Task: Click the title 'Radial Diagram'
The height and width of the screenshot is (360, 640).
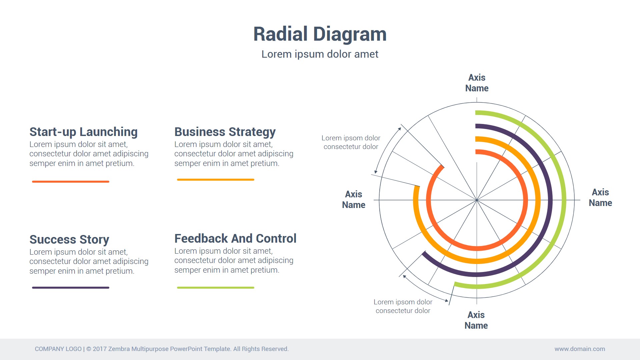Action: pos(320,34)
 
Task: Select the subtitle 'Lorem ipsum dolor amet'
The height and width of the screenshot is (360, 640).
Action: pos(320,54)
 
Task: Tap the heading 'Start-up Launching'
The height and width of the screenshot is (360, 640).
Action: pos(83,132)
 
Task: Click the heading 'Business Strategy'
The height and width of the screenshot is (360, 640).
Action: pos(225,132)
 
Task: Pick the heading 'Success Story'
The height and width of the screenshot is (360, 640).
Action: pos(69,240)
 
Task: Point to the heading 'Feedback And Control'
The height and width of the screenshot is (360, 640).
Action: pos(235,239)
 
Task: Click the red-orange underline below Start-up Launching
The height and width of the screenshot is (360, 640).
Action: pos(71,182)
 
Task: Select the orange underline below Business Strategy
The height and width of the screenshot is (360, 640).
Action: pos(216,180)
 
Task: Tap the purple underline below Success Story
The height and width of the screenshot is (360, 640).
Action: pos(71,288)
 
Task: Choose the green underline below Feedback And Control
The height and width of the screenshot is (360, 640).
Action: pos(216,288)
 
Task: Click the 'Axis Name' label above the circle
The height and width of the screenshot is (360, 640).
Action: pos(477,83)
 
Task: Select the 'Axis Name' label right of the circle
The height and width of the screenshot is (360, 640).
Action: pos(600,198)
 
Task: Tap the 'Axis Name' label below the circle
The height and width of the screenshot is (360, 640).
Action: pos(476,320)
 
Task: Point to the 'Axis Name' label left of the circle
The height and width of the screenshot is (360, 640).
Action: pos(354,200)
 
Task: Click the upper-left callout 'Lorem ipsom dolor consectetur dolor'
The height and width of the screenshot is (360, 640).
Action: pos(351,142)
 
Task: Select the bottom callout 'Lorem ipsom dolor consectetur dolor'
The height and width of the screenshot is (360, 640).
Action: pos(403,306)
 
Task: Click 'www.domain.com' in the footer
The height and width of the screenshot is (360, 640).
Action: pos(580,349)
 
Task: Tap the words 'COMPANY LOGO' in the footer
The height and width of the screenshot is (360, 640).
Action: pos(58,349)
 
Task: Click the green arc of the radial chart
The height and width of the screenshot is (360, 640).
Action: pos(564,200)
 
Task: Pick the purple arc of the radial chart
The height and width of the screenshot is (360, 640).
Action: pos(550,200)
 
